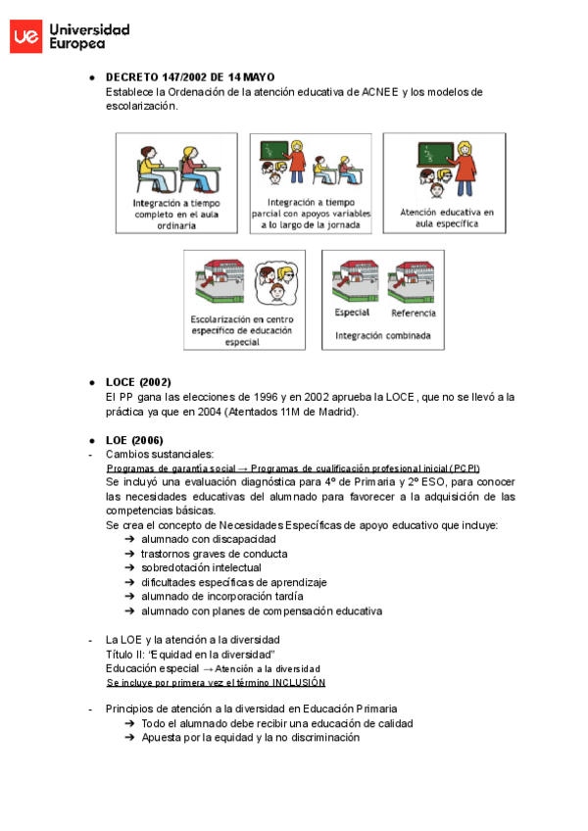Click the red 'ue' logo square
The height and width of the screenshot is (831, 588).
tap(25, 36)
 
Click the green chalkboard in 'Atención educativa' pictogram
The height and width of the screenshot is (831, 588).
tap(430, 155)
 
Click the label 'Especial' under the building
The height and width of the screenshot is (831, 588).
tap(352, 313)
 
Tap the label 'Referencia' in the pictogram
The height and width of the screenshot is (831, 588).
tap(413, 313)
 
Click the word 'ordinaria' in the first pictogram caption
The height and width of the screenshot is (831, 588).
tap(176, 225)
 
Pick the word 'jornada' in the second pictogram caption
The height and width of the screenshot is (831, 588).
tap(344, 225)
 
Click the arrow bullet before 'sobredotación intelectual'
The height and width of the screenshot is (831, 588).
tap(130, 567)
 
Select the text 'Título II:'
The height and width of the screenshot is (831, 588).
tap(125, 654)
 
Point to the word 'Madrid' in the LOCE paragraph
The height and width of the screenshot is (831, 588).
tap(335, 412)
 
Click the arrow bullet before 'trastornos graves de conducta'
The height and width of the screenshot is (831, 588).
tap(130, 554)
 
